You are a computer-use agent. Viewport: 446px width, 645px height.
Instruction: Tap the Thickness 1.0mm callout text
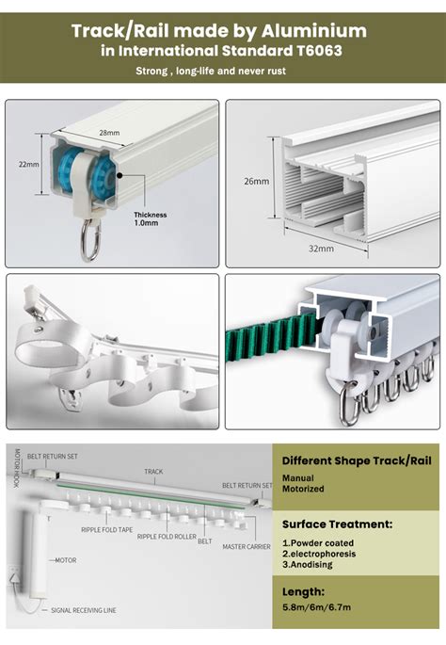click(x=151, y=218)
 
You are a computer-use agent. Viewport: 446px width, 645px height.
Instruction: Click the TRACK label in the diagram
click(x=153, y=471)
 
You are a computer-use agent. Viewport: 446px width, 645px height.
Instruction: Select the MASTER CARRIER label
click(x=247, y=546)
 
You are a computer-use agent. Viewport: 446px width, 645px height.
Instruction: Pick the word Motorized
click(x=304, y=489)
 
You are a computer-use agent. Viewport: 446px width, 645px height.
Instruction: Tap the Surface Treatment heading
click(x=337, y=524)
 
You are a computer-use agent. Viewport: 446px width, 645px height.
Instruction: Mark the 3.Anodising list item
click(x=311, y=568)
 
